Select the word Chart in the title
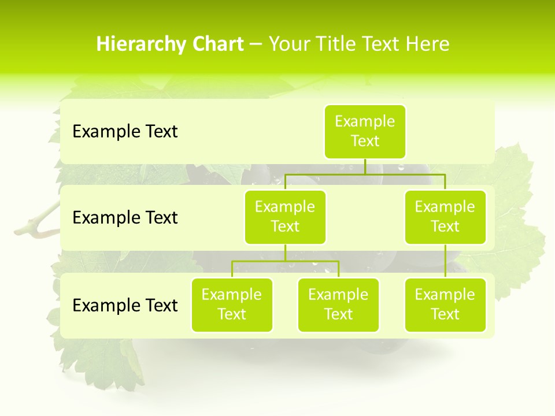click(217, 44)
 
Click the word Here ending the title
click(427, 44)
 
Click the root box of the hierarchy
click(365, 131)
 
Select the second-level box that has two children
click(285, 217)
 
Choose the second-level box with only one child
click(445, 217)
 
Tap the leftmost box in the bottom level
click(232, 304)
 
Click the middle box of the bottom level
click(338, 304)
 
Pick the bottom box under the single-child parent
click(445, 304)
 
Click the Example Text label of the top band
click(125, 132)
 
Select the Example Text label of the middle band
click(125, 218)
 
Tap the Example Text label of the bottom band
click(125, 305)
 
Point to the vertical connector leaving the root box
click(365, 166)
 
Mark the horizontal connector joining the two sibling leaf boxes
click(285, 261)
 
